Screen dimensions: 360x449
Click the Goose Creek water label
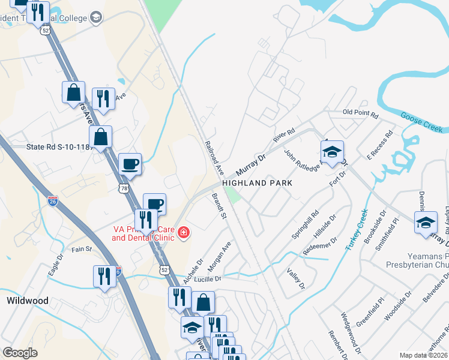(421, 122)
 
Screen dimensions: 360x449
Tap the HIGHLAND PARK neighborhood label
(257, 182)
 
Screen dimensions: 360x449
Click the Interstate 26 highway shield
(53, 200)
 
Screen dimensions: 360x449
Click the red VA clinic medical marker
(182, 233)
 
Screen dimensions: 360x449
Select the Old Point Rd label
(360, 113)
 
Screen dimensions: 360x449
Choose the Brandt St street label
(219, 205)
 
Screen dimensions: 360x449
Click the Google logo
(20, 353)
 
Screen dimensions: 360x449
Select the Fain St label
(82, 248)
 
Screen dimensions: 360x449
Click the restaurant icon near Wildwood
(104, 277)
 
